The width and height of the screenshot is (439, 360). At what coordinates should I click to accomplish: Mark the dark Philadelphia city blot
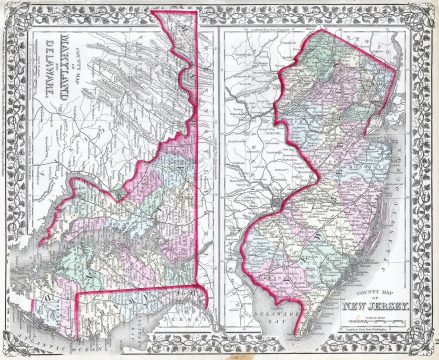(x=276, y=184)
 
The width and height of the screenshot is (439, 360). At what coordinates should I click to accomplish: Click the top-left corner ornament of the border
(x=10, y=10)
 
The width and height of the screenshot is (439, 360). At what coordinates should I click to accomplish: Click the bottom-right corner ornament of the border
(x=428, y=349)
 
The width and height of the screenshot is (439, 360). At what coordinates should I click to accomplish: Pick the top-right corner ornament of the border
(x=428, y=10)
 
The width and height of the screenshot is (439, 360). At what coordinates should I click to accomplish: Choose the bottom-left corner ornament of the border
(x=10, y=349)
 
